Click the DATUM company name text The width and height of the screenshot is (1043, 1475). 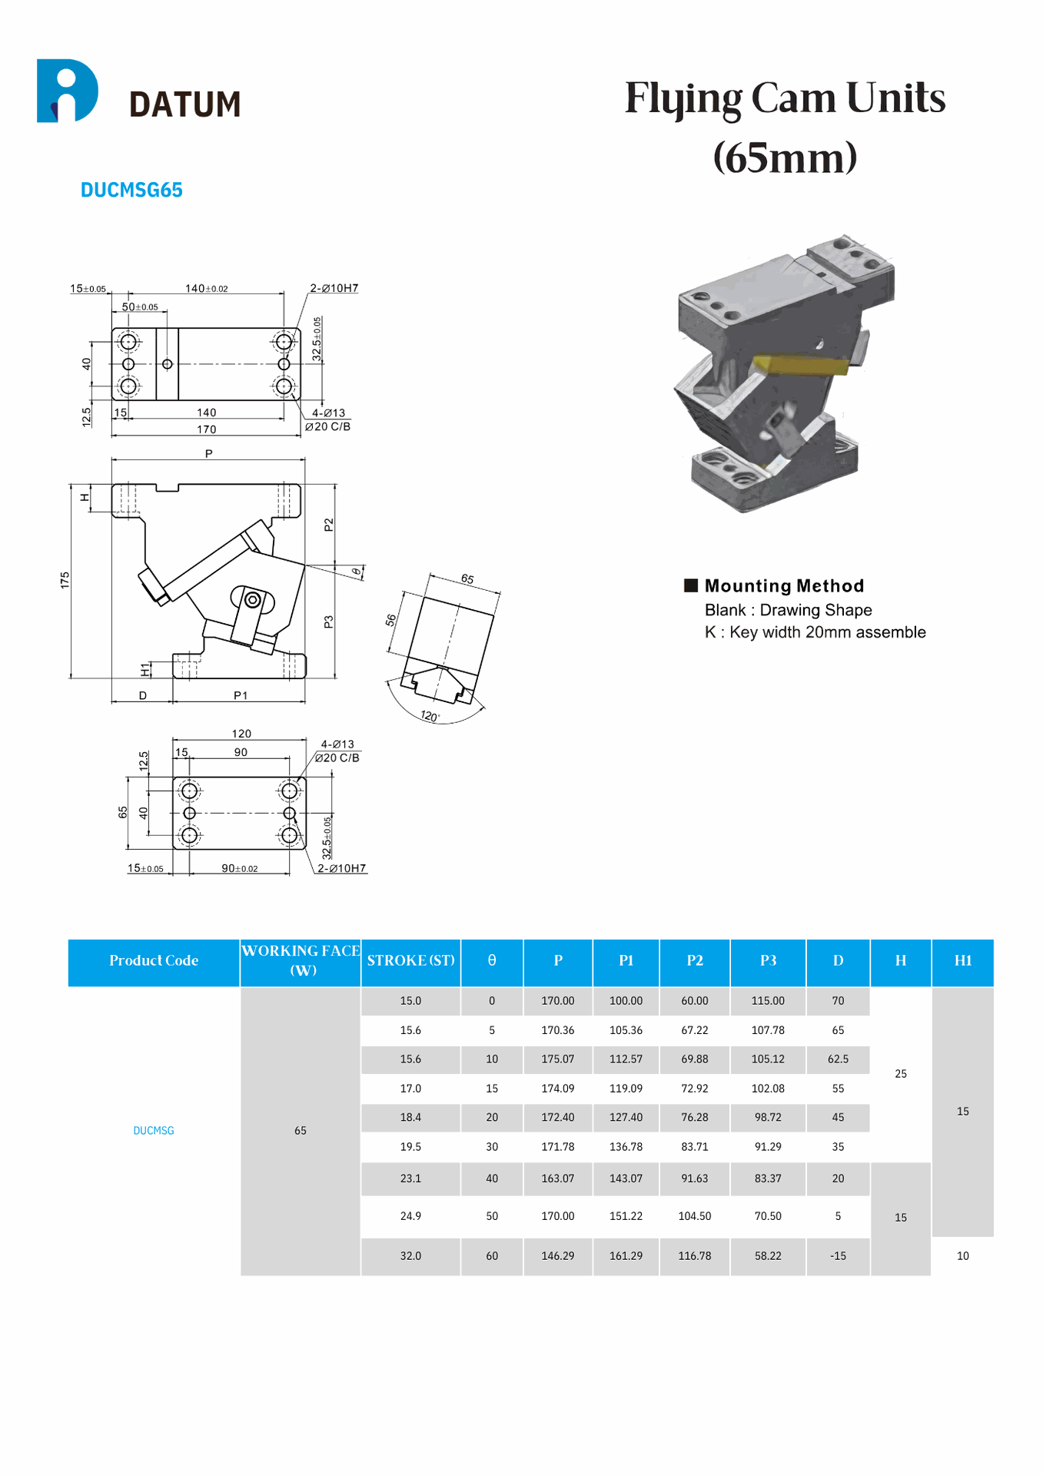pyautogui.click(x=184, y=104)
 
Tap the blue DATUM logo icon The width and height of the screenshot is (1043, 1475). pyautogui.click(x=67, y=91)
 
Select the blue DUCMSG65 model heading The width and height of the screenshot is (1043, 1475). pyautogui.click(x=131, y=190)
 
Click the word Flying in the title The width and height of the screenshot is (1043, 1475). pyautogui.click(x=683, y=98)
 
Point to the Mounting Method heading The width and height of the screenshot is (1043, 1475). pyautogui.click(x=783, y=586)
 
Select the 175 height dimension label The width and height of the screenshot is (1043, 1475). pyautogui.click(x=65, y=580)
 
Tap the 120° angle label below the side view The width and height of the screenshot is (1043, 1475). pyautogui.click(x=430, y=716)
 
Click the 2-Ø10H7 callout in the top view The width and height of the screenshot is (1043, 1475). pyautogui.click(x=334, y=288)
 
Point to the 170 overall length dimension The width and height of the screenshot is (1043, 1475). pyautogui.click(x=206, y=429)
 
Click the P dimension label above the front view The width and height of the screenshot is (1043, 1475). pyautogui.click(x=208, y=453)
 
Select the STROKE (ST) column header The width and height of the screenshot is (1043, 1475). pyautogui.click(x=410, y=960)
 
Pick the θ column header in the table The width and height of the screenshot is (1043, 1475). pyautogui.click(x=492, y=960)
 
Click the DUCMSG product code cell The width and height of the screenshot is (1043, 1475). pyautogui.click(x=154, y=1131)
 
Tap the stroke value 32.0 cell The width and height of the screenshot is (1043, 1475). pyautogui.click(x=410, y=1256)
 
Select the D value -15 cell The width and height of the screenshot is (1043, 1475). pyautogui.click(x=838, y=1256)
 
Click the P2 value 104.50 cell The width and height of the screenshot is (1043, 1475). pyautogui.click(x=694, y=1216)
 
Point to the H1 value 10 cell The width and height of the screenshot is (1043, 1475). pyautogui.click(x=962, y=1256)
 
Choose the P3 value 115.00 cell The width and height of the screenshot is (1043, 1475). pyautogui.click(x=768, y=1001)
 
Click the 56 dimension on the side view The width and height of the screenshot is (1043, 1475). pyautogui.click(x=391, y=619)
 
